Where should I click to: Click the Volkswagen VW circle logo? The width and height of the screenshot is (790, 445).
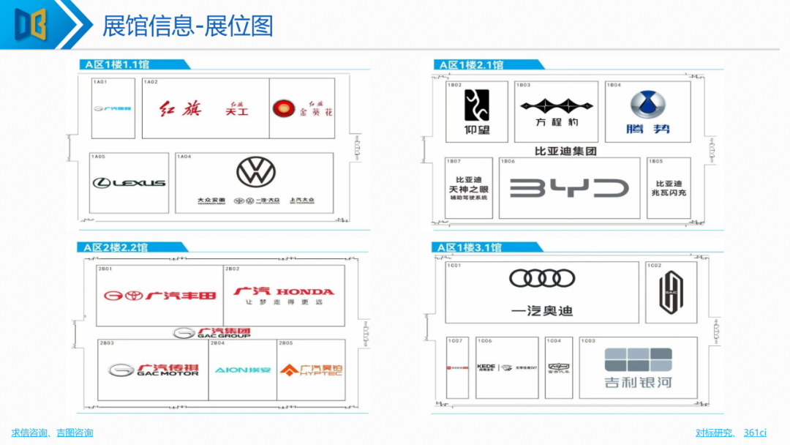[x=256, y=171]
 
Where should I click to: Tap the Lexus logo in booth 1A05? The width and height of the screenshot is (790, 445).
[x=129, y=182]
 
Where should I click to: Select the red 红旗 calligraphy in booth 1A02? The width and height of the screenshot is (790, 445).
[x=179, y=110]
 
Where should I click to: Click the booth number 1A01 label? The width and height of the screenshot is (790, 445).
[x=100, y=82]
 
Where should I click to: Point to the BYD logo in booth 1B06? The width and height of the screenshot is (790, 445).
[x=569, y=188]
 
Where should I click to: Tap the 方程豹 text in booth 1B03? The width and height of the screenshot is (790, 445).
[x=557, y=121]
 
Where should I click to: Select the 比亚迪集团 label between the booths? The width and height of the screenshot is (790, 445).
[x=566, y=151]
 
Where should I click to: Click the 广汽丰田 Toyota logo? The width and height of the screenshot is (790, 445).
[x=159, y=296]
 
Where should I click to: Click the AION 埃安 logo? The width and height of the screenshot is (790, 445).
[x=242, y=370]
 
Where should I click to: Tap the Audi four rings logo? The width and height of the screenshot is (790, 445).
[x=542, y=278]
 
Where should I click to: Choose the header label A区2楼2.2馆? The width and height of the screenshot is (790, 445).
[x=117, y=247]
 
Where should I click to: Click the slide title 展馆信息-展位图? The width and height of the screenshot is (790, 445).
[x=188, y=26]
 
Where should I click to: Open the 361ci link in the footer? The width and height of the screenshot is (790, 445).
[x=755, y=433]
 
